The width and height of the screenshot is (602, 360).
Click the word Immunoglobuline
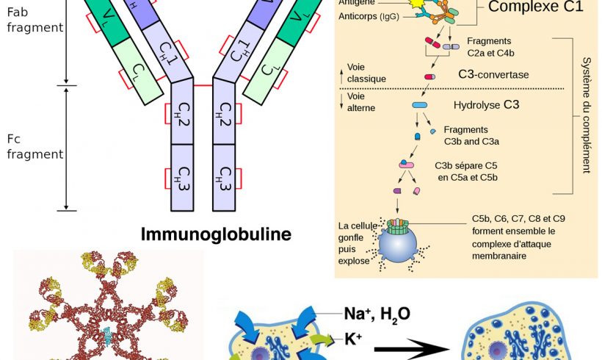216,234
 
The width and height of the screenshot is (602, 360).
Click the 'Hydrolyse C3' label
486,105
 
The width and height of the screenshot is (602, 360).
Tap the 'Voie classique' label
366,73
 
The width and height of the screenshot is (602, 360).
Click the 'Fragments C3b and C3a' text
471,135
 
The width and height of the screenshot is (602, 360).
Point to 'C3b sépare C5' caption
468,171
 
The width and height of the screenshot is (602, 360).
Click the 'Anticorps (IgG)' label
374,16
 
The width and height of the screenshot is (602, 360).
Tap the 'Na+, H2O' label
377,314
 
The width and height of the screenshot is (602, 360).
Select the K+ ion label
355,339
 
